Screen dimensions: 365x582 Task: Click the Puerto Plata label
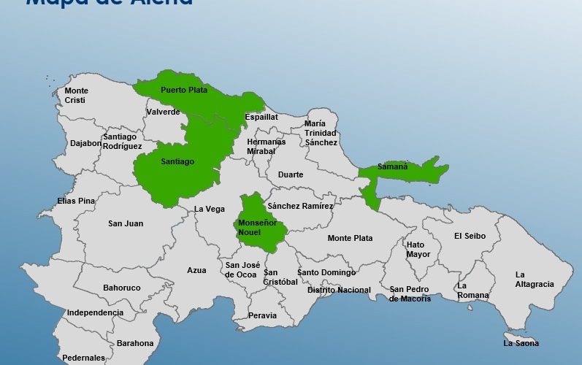tap(184, 91)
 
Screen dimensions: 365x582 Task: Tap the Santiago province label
tap(177, 161)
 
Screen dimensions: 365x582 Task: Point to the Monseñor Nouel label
tap(258, 227)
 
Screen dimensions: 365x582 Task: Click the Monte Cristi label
tap(76, 95)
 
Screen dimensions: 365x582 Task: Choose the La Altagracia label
tap(535, 280)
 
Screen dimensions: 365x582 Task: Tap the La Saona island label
tap(521, 343)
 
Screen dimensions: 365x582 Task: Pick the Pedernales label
tap(83, 358)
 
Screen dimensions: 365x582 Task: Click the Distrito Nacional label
tap(339, 290)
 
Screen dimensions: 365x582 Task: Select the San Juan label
tap(126, 223)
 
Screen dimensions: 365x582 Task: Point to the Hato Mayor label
tap(418, 250)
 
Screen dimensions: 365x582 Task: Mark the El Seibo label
tap(470, 236)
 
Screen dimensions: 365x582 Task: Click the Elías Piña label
tap(77, 201)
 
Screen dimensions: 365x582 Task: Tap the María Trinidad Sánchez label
tap(321, 133)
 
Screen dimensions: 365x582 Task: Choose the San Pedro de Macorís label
tap(410, 293)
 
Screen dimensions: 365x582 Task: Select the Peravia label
tap(262, 315)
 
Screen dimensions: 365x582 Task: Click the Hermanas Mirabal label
tap(266, 146)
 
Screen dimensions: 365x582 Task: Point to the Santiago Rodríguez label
tap(122, 141)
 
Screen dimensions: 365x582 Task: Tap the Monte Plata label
tap(350, 238)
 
